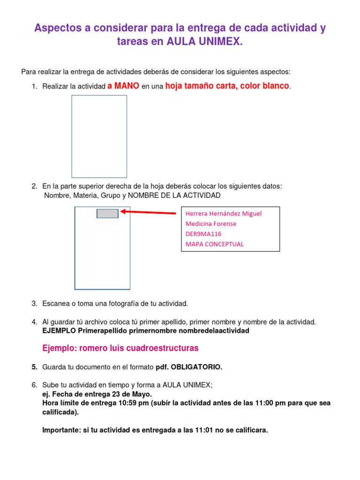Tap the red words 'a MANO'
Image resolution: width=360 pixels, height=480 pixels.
point(123,86)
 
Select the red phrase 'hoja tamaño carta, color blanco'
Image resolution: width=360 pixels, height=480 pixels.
point(227,86)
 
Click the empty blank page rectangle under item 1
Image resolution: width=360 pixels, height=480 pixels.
point(99,136)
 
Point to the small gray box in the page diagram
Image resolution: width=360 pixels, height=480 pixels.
point(107,213)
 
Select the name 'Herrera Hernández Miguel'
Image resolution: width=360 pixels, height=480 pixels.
point(224,214)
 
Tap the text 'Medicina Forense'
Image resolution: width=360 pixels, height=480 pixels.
point(211,224)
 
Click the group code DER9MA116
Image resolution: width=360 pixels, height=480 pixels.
point(203,233)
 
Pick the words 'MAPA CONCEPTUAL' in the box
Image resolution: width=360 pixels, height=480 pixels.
point(215,244)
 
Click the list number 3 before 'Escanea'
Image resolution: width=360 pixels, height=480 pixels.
point(34,304)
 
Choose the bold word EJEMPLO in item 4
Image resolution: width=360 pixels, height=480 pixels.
point(59,331)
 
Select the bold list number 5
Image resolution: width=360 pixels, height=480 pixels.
point(34,367)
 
